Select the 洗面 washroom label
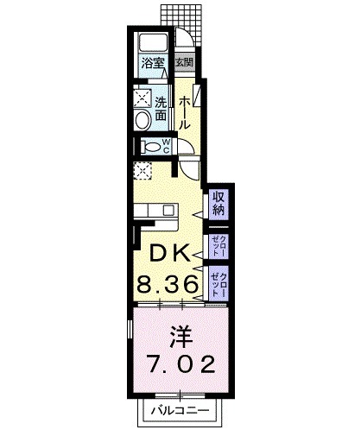[161, 107]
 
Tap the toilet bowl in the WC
[149, 147]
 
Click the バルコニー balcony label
[180, 410]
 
